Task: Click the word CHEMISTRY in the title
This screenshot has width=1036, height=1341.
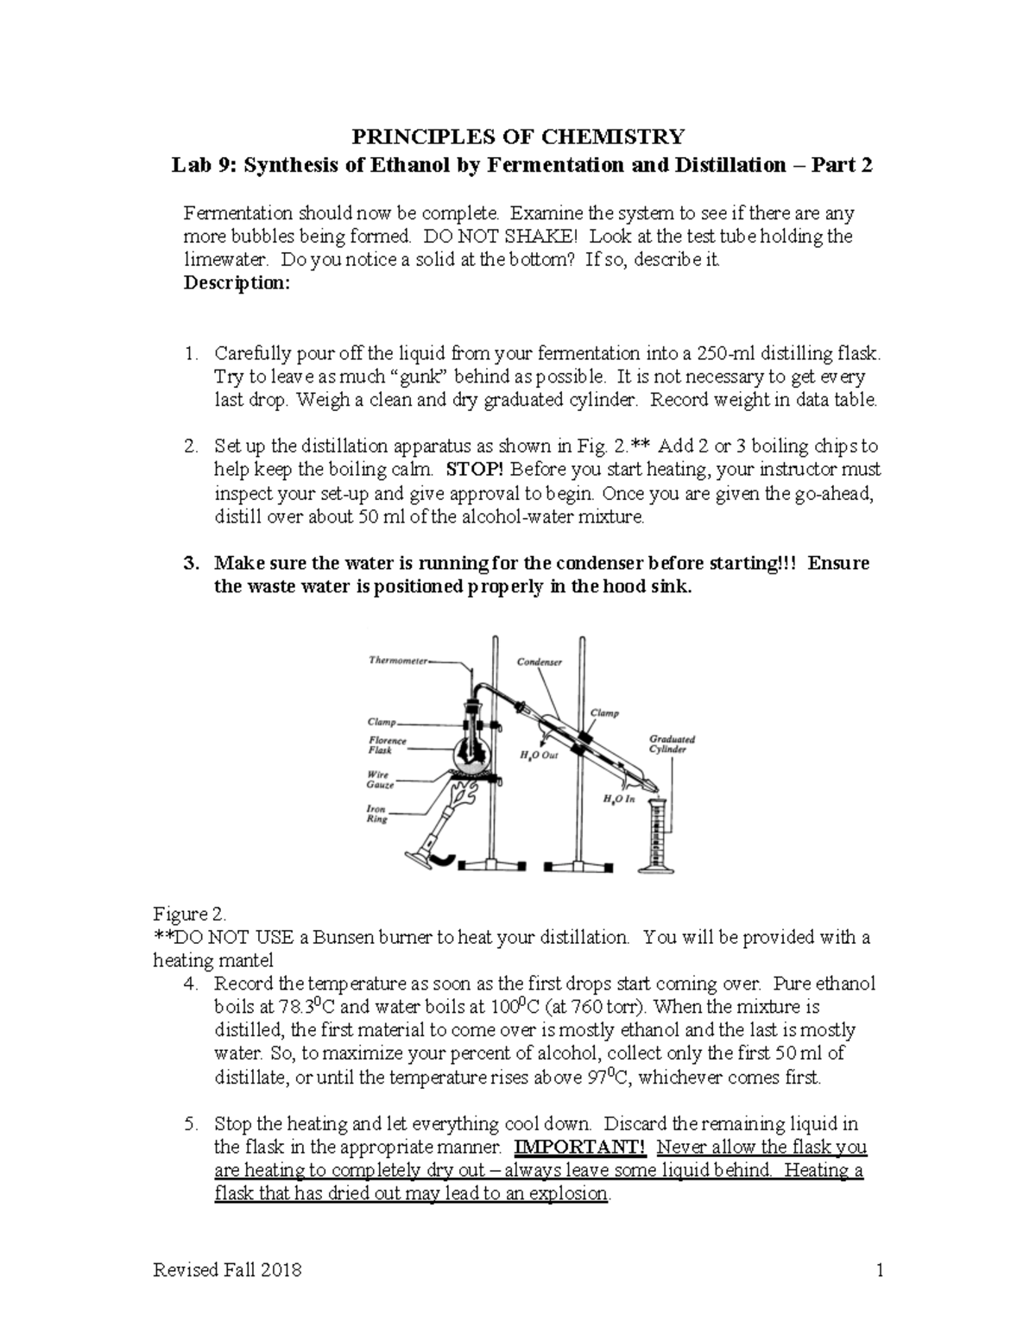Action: click(x=612, y=136)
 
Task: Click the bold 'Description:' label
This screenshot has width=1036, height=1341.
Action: click(x=237, y=283)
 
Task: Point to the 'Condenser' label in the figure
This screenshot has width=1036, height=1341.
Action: click(x=540, y=662)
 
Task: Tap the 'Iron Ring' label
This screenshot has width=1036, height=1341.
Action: click(x=377, y=814)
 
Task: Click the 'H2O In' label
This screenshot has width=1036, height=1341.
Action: click(x=618, y=800)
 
